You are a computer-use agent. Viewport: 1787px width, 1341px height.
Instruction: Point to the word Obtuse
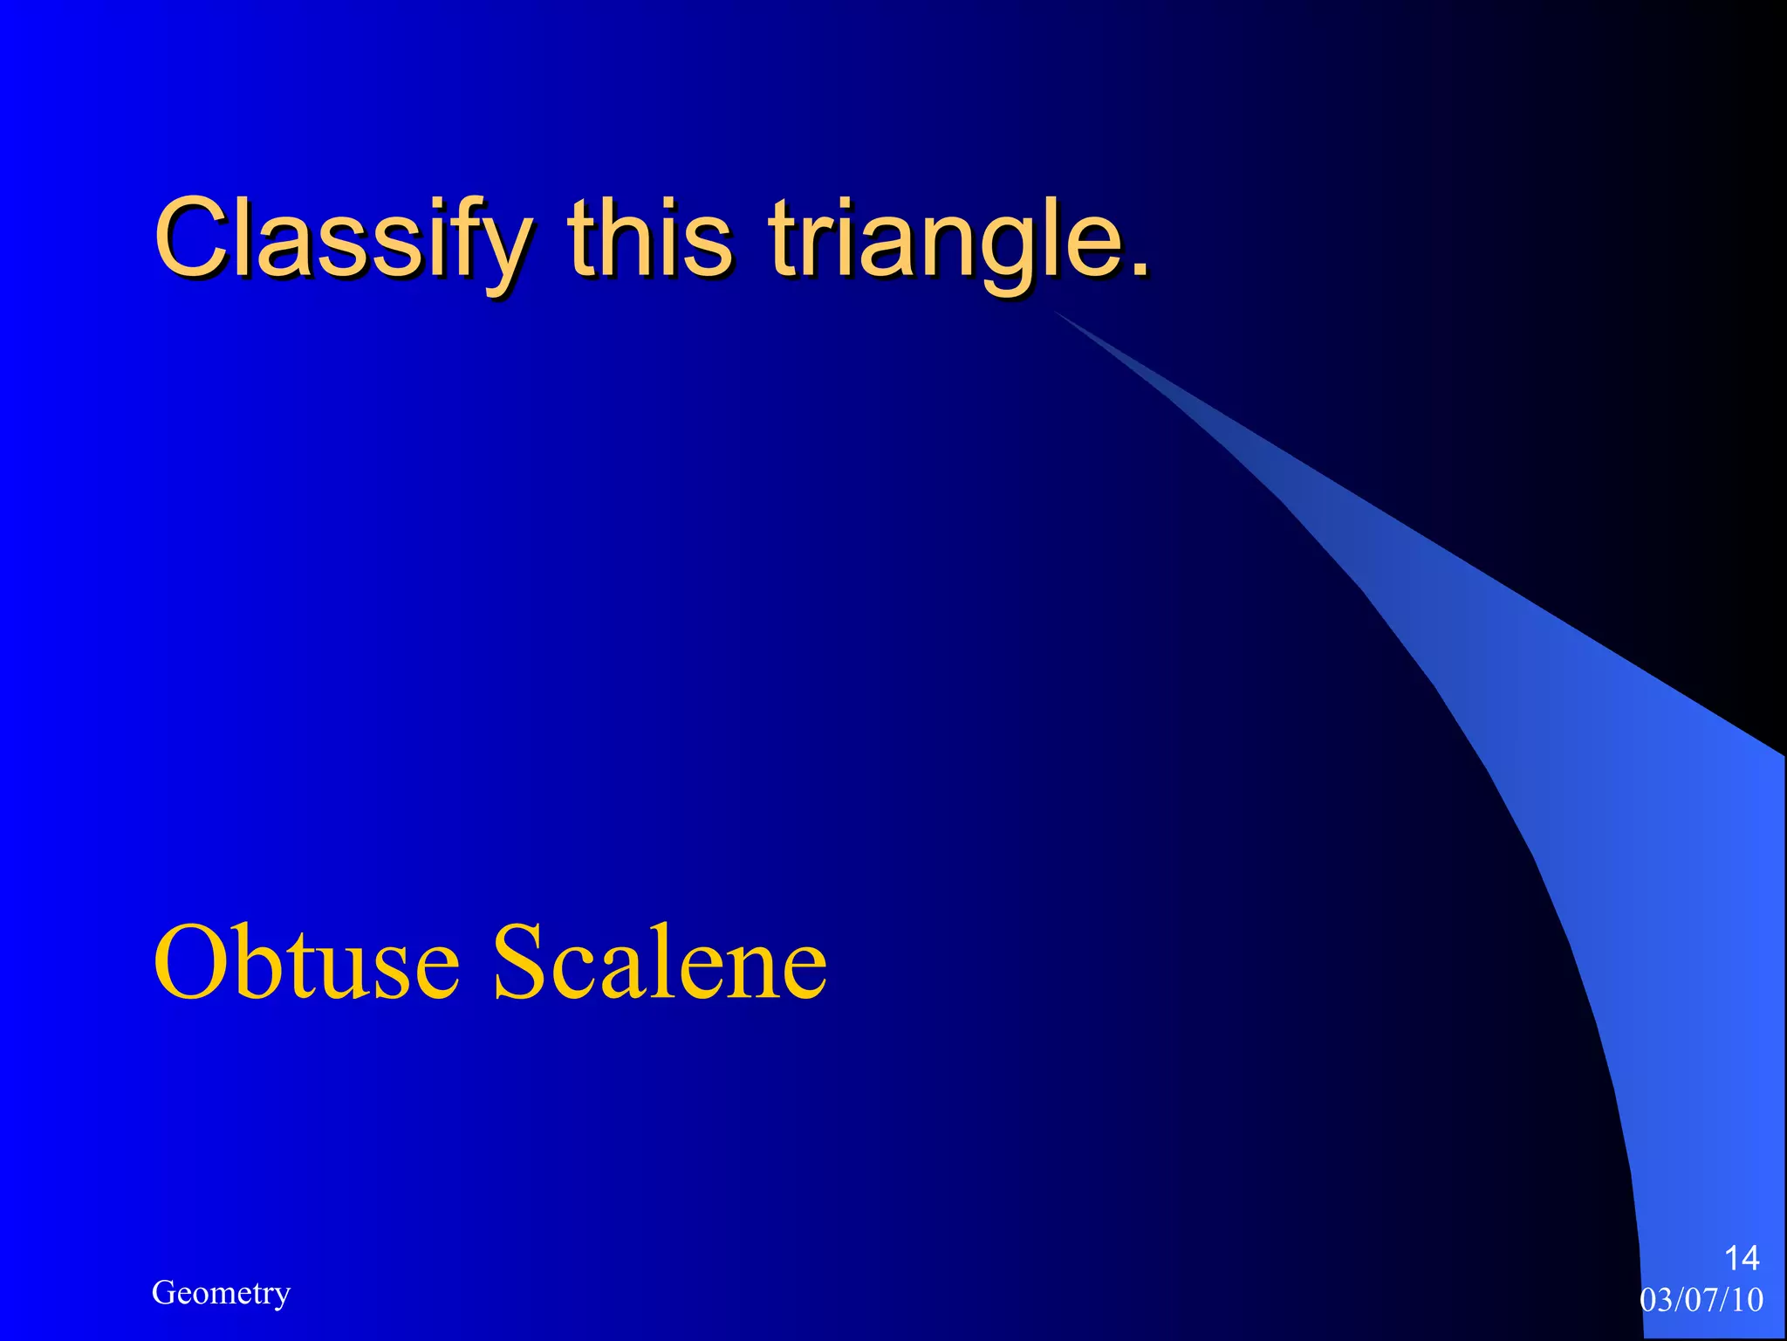pos(305,962)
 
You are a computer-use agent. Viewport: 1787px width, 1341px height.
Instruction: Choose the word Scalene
pos(660,962)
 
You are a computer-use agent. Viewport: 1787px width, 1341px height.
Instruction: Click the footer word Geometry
pos(221,1293)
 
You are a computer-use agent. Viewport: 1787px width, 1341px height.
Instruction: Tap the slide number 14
pos(1742,1258)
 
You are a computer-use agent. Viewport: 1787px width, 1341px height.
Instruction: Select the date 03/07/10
pos(1701,1300)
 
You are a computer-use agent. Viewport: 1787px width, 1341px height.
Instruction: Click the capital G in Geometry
pos(162,1293)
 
